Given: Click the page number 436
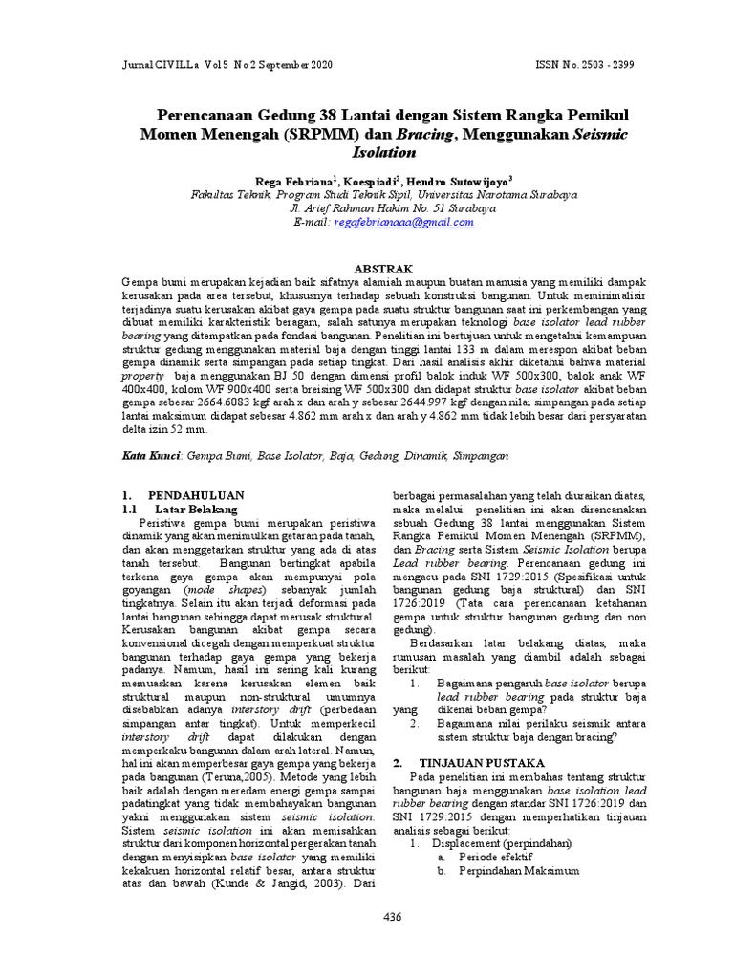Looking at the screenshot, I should click(x=392, y=916).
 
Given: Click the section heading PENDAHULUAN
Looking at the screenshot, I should click(x=196, y=495).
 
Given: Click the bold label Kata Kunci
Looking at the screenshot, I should click(x=152, y=458).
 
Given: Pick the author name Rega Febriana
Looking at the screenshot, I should click(x=293, y=180).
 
